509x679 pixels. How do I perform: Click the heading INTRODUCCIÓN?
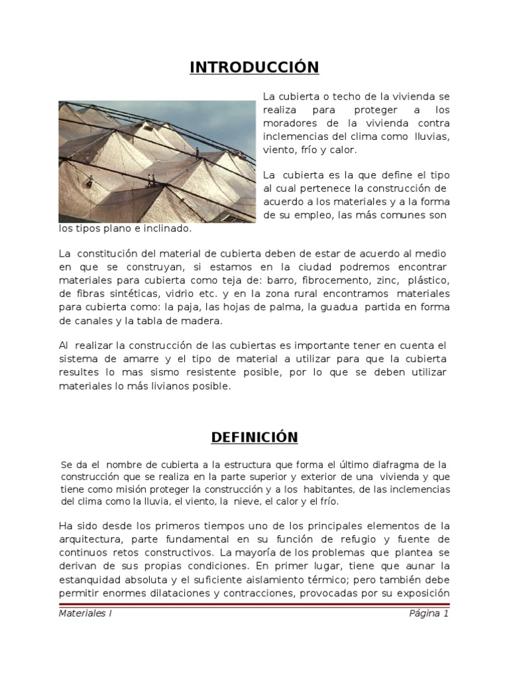[x=254, y=68]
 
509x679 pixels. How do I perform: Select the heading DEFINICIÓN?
[x=254, y=437]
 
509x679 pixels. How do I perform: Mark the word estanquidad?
[x=90, y=579]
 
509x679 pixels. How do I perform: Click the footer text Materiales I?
[x=85, y=614]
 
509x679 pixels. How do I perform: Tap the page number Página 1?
[x=429, y=614]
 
